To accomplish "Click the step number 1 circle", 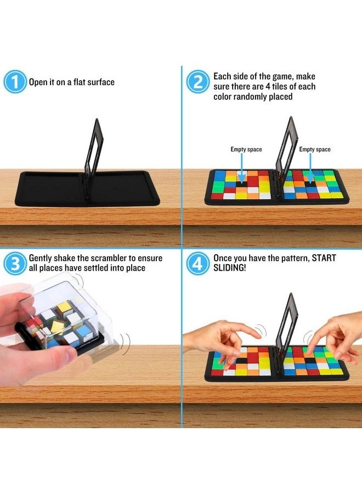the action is [15, 82].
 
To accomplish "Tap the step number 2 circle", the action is [197, 82].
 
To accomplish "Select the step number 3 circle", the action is [15, 263].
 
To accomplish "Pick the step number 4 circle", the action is [197, 263].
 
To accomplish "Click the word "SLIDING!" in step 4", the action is [229, 268].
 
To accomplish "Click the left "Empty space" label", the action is [246, 149].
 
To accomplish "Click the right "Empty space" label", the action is [315, 149].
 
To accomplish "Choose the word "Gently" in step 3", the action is [40, 259].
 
